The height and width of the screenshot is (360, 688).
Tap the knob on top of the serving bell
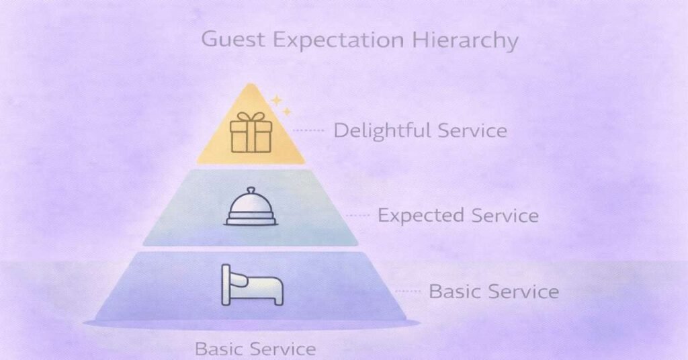click(x=251, y=190)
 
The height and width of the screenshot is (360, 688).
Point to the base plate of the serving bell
click(x=251, y=220)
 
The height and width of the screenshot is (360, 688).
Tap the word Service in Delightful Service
click(x=472, y=130)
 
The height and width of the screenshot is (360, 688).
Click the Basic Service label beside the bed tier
click(x=493, y=291)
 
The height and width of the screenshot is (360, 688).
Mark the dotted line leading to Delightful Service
click(x=310, y=130)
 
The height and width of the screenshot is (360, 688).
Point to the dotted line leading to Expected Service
click(x=357, y=216)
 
